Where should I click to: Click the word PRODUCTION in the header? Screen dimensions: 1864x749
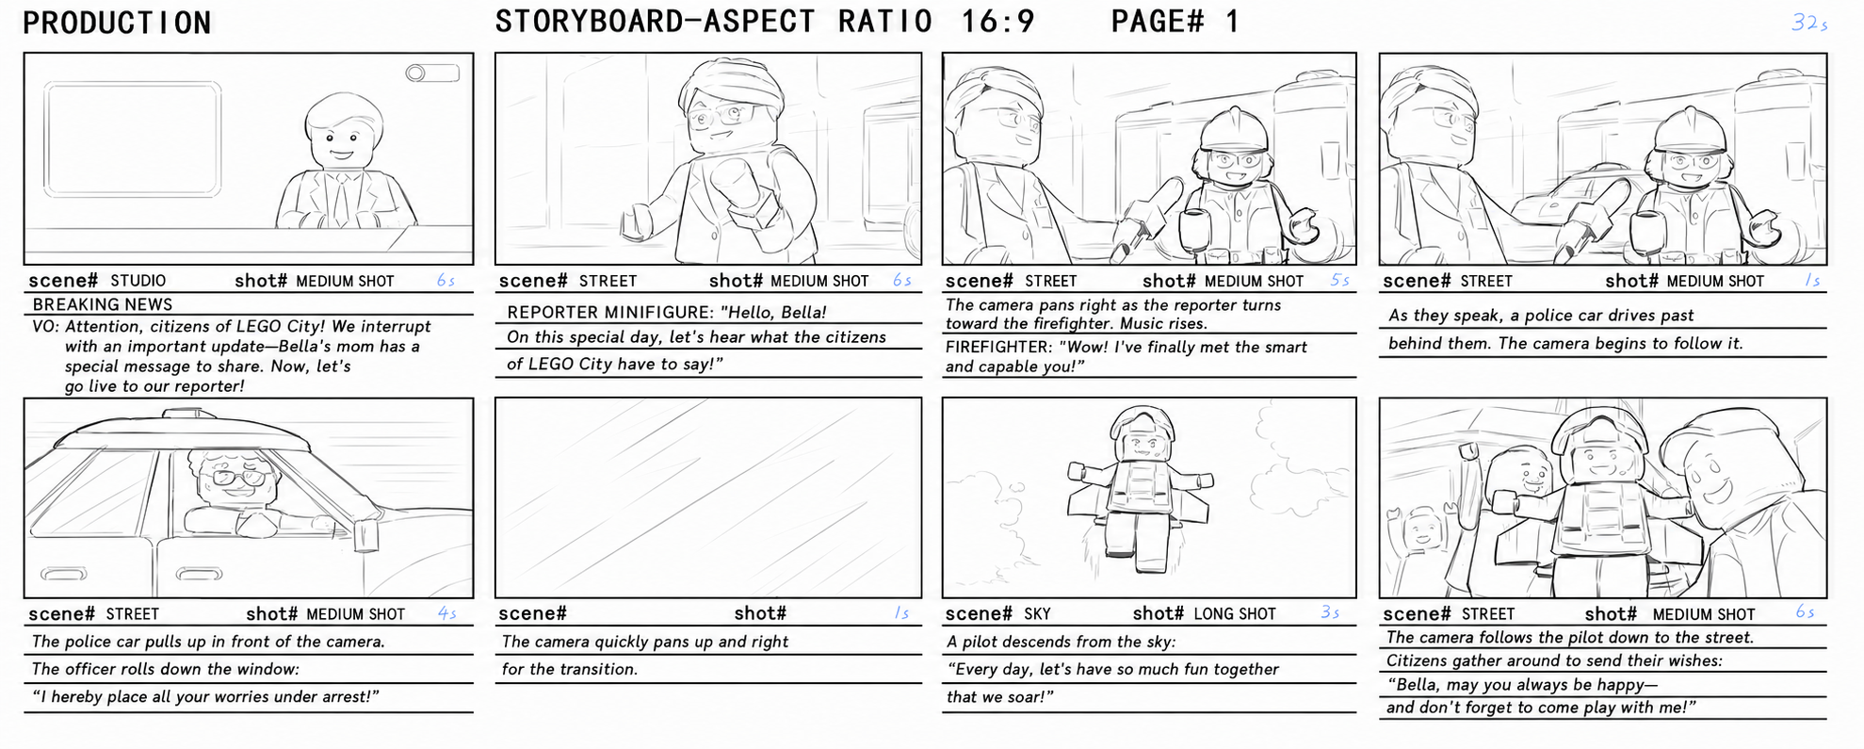(117, 23)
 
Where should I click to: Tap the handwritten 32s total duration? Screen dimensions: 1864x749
(1809, 23)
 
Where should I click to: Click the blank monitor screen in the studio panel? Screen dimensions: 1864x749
(133, 139)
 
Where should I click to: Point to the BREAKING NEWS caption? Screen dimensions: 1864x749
(103, 304)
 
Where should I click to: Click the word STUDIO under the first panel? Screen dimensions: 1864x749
(138, 281)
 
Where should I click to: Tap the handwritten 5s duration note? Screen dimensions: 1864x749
(1339, 280)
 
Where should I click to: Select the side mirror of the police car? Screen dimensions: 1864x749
(365, 533)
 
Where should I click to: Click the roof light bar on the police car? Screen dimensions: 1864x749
(198, 414)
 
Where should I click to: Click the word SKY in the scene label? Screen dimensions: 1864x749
(1037, 613)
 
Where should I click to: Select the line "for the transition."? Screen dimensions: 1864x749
(570, 669)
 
